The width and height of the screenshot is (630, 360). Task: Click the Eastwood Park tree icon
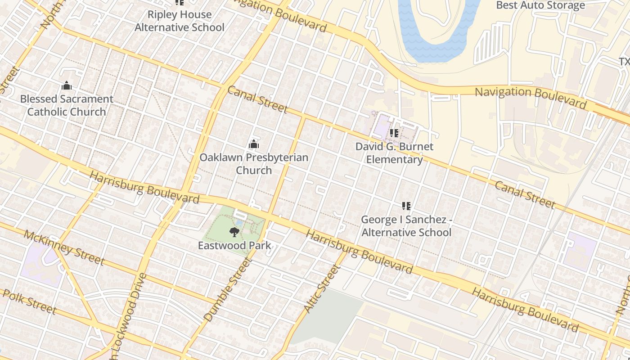point(234,232)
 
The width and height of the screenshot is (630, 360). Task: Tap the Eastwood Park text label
point(234,245)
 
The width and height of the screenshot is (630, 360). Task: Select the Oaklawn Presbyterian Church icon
point(254,144)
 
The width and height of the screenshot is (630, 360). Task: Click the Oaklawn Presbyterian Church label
point(254,164)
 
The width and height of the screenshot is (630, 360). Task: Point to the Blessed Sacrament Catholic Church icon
point(67,85)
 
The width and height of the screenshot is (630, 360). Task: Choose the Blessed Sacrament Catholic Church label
point(67,105)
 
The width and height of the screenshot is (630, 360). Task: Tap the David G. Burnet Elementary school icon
point(394,133)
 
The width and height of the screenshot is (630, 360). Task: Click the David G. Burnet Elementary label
point(394,153)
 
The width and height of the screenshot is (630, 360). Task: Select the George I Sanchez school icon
point(406,206)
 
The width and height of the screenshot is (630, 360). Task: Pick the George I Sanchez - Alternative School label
point(406,226)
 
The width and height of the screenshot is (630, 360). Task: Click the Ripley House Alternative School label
point(180,21)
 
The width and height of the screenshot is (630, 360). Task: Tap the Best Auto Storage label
point(540,5)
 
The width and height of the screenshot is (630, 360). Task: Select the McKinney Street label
point(64,247)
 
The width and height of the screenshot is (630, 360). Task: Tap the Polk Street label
point(29,301)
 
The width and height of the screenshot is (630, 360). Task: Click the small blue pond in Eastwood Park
point(238,222)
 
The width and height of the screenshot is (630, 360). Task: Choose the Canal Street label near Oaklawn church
point(257,99)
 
